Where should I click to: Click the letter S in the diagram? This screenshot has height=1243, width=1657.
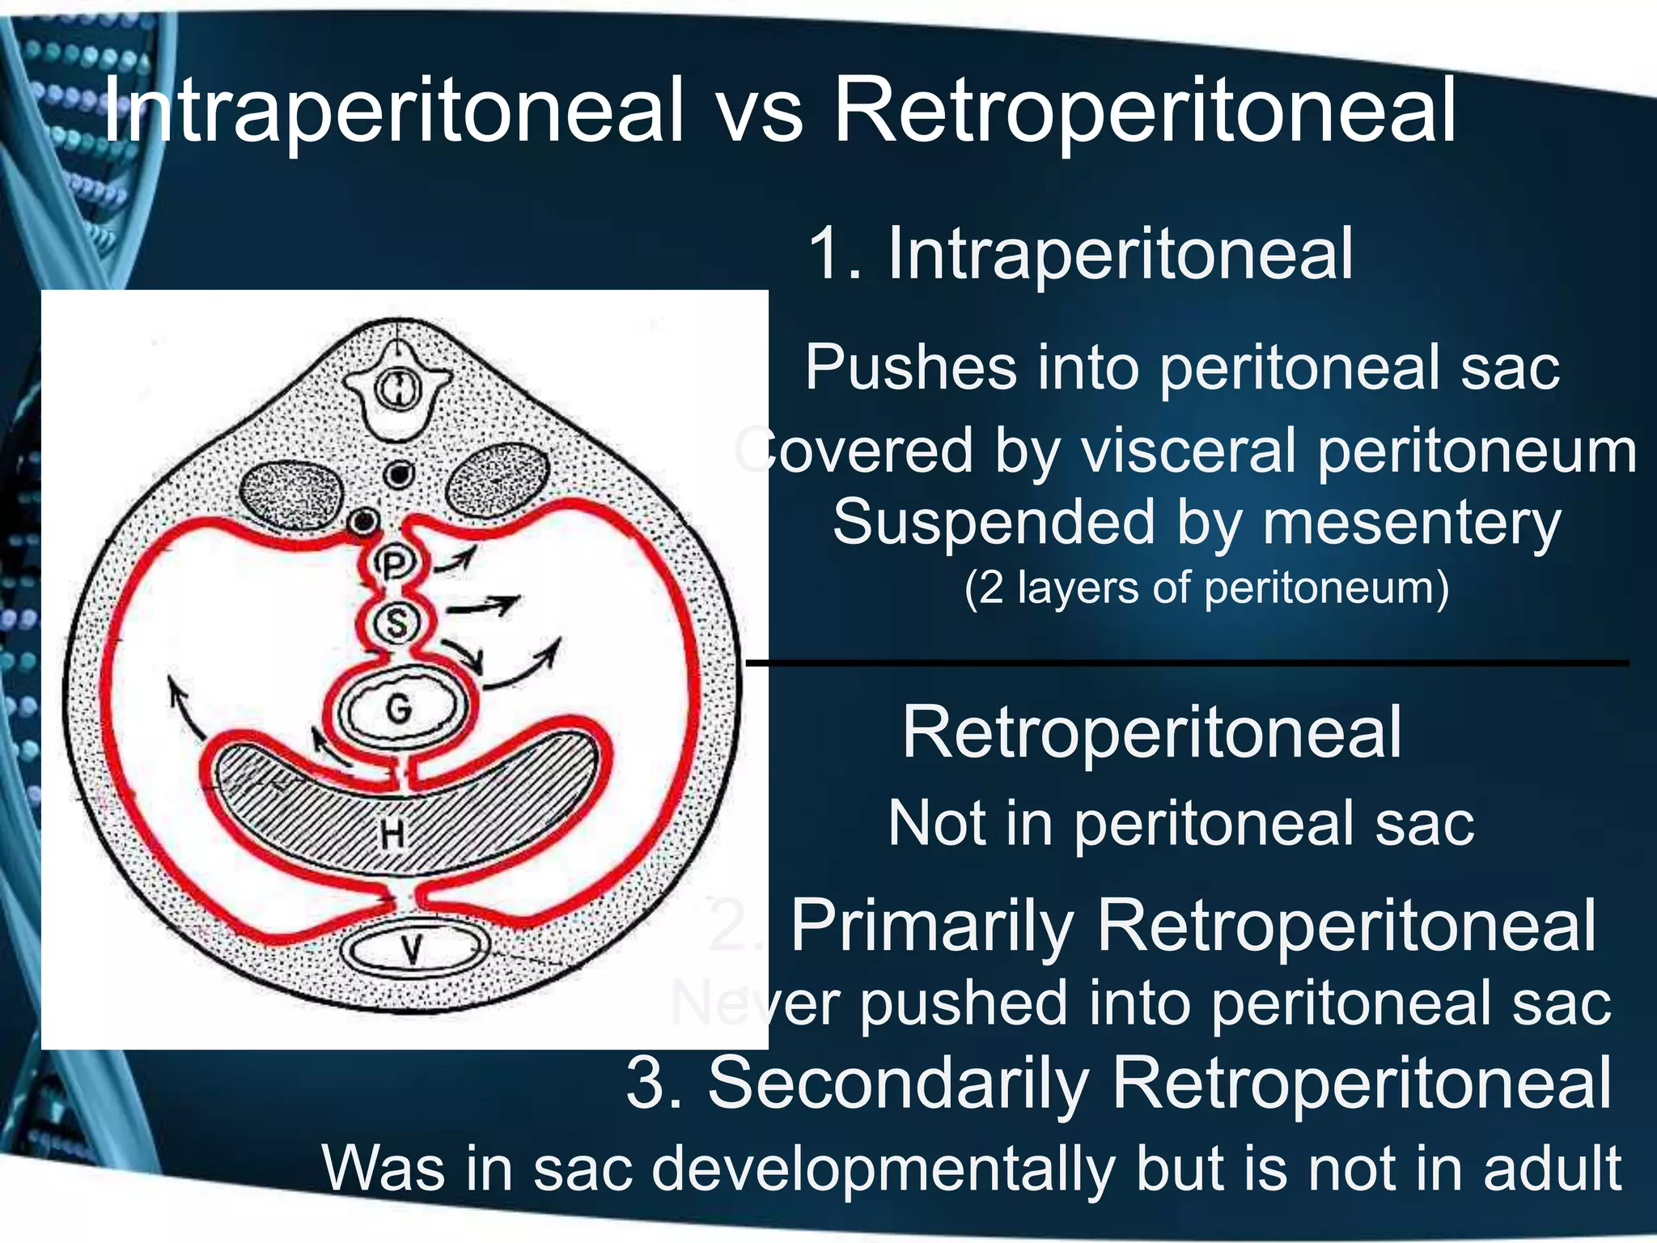click(396, 623)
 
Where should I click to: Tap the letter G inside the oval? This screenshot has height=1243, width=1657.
click(399, 710)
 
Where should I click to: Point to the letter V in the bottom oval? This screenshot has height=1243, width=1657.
click(413, 948)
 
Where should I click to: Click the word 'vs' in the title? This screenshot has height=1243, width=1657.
click(759, 112)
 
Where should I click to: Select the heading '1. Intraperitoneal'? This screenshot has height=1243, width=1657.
click(1080, 254)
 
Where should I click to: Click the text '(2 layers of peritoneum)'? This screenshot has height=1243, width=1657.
click(1206, 588)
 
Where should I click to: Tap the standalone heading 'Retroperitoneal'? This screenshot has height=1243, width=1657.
click(1152, 732)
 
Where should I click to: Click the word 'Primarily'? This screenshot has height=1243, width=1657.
click(930, 926)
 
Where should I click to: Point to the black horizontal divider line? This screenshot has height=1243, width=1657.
click(1186, 664)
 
